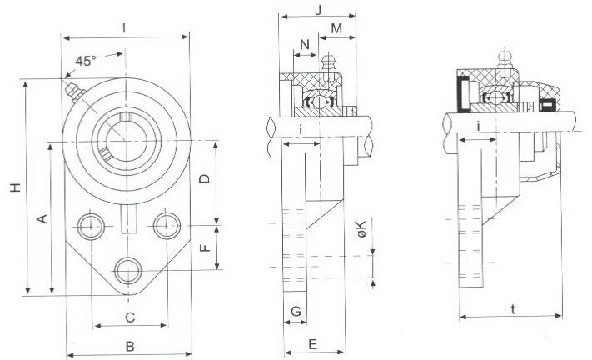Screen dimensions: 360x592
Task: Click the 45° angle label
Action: coord(86,61)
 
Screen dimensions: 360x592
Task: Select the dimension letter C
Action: coord(129,317)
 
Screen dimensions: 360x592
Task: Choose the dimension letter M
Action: coord(336,29)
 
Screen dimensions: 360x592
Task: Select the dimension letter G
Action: coord(296,311)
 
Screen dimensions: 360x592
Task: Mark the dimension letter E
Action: coord(313,342)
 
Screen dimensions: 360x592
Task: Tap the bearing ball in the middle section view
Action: coord(317,101)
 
